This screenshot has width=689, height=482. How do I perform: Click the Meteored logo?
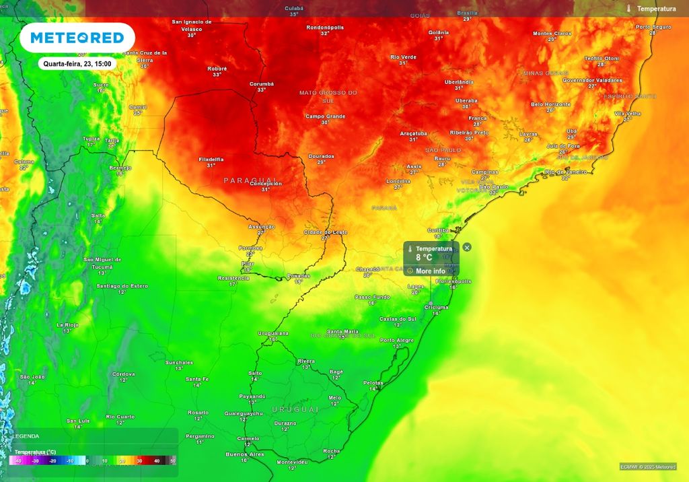point(77,38)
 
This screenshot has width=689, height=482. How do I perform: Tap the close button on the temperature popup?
point(467,247)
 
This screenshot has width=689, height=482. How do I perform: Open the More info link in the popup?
point(430,271)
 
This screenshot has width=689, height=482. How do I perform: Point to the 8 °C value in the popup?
point(424,257)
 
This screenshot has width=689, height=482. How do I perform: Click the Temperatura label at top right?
point(655,9)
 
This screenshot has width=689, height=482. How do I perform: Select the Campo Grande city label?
point(325,116)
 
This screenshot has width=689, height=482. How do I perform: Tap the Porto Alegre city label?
point(397,340)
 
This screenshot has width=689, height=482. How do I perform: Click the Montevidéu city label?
point(292,462)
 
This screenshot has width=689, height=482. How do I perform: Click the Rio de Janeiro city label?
point(565,172)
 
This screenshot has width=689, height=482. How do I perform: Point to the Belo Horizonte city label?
point(550,104)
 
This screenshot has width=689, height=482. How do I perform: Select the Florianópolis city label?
point(452,281)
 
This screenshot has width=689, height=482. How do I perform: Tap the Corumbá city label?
point(262,84)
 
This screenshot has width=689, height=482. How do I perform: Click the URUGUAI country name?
point(295,409)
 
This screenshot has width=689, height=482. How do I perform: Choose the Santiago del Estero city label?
point(122,286)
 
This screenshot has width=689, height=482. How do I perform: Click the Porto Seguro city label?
point(653,27)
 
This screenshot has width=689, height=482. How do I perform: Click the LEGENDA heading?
point(26,436)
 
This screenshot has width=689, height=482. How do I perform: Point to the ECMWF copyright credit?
point(649,467)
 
